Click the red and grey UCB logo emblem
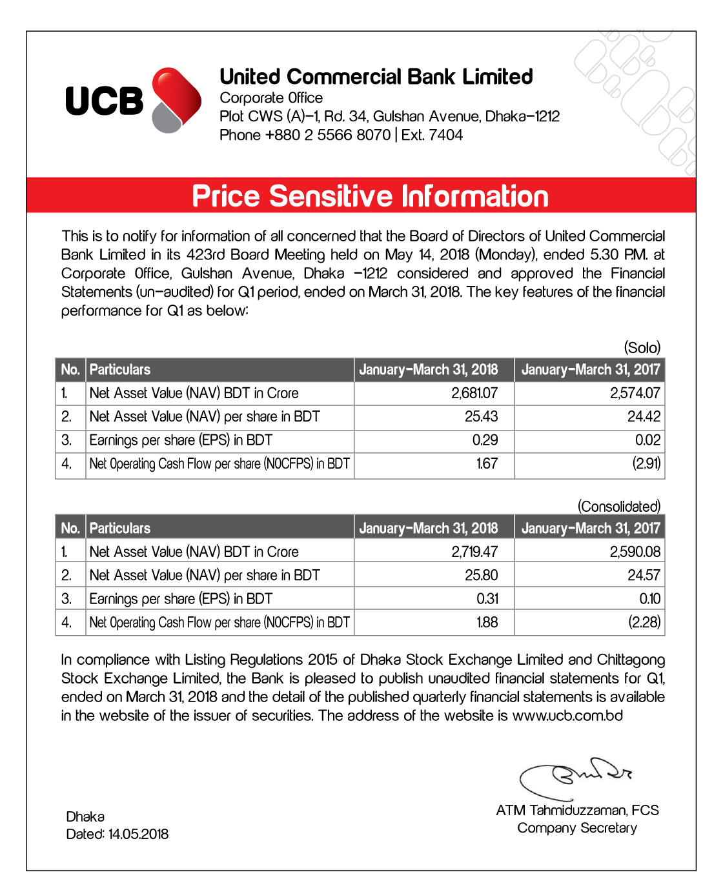(176, 100)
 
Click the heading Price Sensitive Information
(370, 196)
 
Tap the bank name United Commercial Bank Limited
(376, 77)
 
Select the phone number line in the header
(341, 135)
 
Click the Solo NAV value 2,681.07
(474, 393)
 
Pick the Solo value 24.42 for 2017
(644, 417)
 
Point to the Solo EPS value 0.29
(485, 440)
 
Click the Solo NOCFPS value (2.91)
(646, 463)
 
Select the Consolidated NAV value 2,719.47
(474, 552)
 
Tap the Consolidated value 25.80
(481, 575)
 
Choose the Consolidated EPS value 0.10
(649, 599)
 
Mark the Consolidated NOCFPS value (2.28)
(644, 622)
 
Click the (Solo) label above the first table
(642, 348)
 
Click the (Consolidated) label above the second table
(619, 507)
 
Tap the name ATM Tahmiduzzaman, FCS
(577, 811)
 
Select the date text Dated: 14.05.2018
(117, 834)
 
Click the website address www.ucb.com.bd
(567, 716)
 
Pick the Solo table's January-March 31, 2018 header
(429, 370)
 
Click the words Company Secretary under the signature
(577, 828)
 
